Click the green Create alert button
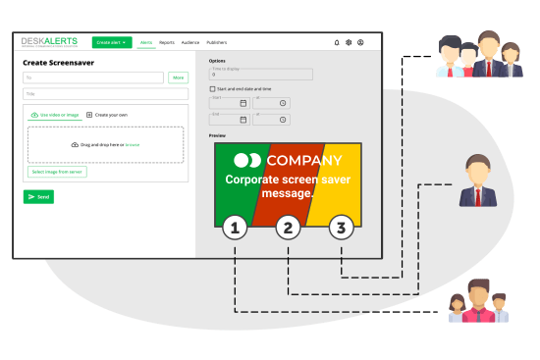coord(112,42)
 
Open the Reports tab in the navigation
coord(167,43)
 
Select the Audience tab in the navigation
coord(190,43)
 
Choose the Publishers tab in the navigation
coord(216,43)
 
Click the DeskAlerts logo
coord(49,42)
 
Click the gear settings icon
coord(349,43)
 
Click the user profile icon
coord(360,43)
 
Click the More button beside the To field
coord(178,77)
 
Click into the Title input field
coord(105,94)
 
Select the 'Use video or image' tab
coord(55,115)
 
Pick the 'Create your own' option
coord(107,115)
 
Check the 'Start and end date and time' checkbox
coord(212,89)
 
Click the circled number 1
coord(234,229)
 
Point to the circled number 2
coord(288,229)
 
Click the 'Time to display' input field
coord(261,74)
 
